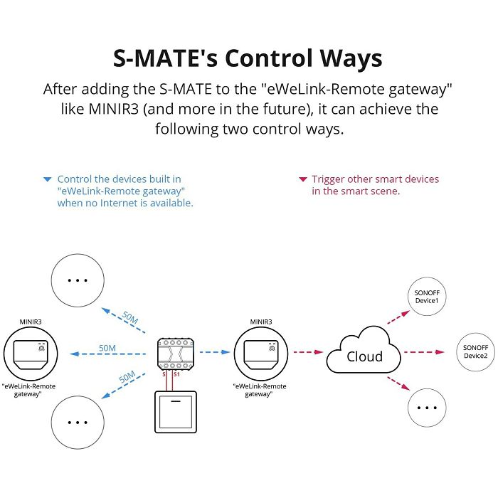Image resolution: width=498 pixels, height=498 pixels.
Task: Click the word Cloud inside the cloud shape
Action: pos(364,356)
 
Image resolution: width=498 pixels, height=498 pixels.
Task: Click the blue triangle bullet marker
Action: pos(48,179)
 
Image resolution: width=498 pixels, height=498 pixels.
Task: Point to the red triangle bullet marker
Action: pos(303,179)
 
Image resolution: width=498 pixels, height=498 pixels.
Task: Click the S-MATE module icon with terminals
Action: pos(175,354)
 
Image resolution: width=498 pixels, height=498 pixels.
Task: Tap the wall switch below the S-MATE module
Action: pos(176,412)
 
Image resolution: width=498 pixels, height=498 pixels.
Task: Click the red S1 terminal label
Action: pos(176,374)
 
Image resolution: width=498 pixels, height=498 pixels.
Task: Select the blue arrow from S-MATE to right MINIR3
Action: pos(215,352)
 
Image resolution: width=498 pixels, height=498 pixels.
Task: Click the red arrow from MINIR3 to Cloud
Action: pos(308,352)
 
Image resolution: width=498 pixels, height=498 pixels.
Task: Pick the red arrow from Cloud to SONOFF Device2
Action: pos(424,352)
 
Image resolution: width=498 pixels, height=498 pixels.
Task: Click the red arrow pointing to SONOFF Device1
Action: pos(398,317)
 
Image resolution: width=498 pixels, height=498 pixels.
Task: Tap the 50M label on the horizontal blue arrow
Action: pos(107,348)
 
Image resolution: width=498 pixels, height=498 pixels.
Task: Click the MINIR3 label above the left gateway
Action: pos(31,322)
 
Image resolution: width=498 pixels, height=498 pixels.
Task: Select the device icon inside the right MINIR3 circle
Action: pos(261,355)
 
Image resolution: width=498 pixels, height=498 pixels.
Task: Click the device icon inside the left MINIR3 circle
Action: pos(31,355)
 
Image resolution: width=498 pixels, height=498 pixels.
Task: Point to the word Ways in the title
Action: pos(351,59)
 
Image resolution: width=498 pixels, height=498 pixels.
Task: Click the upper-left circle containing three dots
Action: pos(78,280)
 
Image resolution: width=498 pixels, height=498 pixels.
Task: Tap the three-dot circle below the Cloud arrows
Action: pos(427,408)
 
